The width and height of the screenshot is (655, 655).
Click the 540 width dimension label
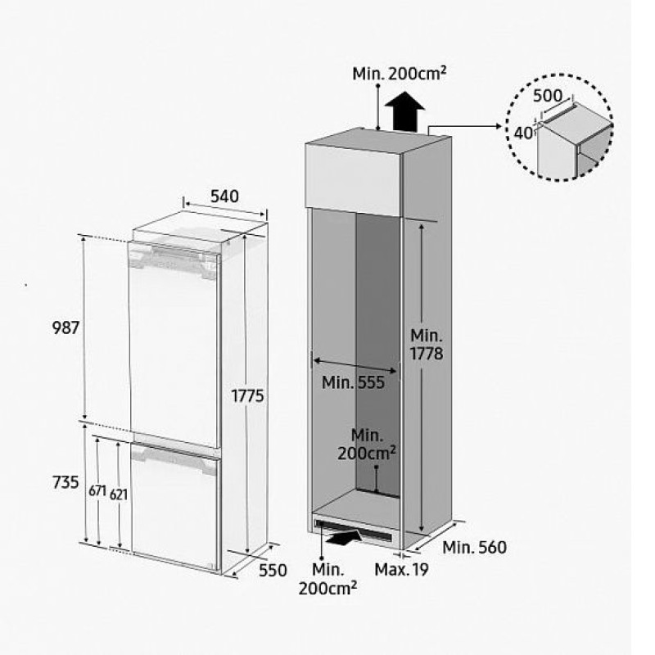click(x=224, y=196)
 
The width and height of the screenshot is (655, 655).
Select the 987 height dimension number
click(x=65, y=327)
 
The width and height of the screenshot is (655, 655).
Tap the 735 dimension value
click(x=65, y=482)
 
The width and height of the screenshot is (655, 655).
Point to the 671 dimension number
click(x=97, y=490)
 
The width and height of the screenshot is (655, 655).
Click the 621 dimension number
click(x=119, y=495)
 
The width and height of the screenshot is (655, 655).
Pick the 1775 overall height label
click(x=248, y=395)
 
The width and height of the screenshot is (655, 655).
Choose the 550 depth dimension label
click(x=273, y=570)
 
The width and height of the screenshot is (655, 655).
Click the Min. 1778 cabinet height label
click(x=427, y=345)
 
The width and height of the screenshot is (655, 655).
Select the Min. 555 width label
click(x=353, y=382)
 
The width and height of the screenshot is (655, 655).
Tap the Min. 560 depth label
click(x=475, y=547)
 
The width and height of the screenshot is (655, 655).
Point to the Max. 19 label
click(x=401, y=569)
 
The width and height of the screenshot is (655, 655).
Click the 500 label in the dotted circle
click(x=548, y=96)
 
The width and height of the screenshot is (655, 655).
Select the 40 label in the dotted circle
click(x=523, y=133)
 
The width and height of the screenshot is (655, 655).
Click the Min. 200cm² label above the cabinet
click(x=400, y=74)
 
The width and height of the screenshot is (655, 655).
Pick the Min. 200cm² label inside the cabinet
click(x=367, y=445)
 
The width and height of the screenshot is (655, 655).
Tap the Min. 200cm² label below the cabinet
click(x=328, y=580)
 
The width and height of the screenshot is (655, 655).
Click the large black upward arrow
click(x=404, y=112)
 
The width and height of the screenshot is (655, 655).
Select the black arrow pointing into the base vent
click(x=344, y=537)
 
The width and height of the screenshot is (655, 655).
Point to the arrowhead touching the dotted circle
click(x=498, y=126)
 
